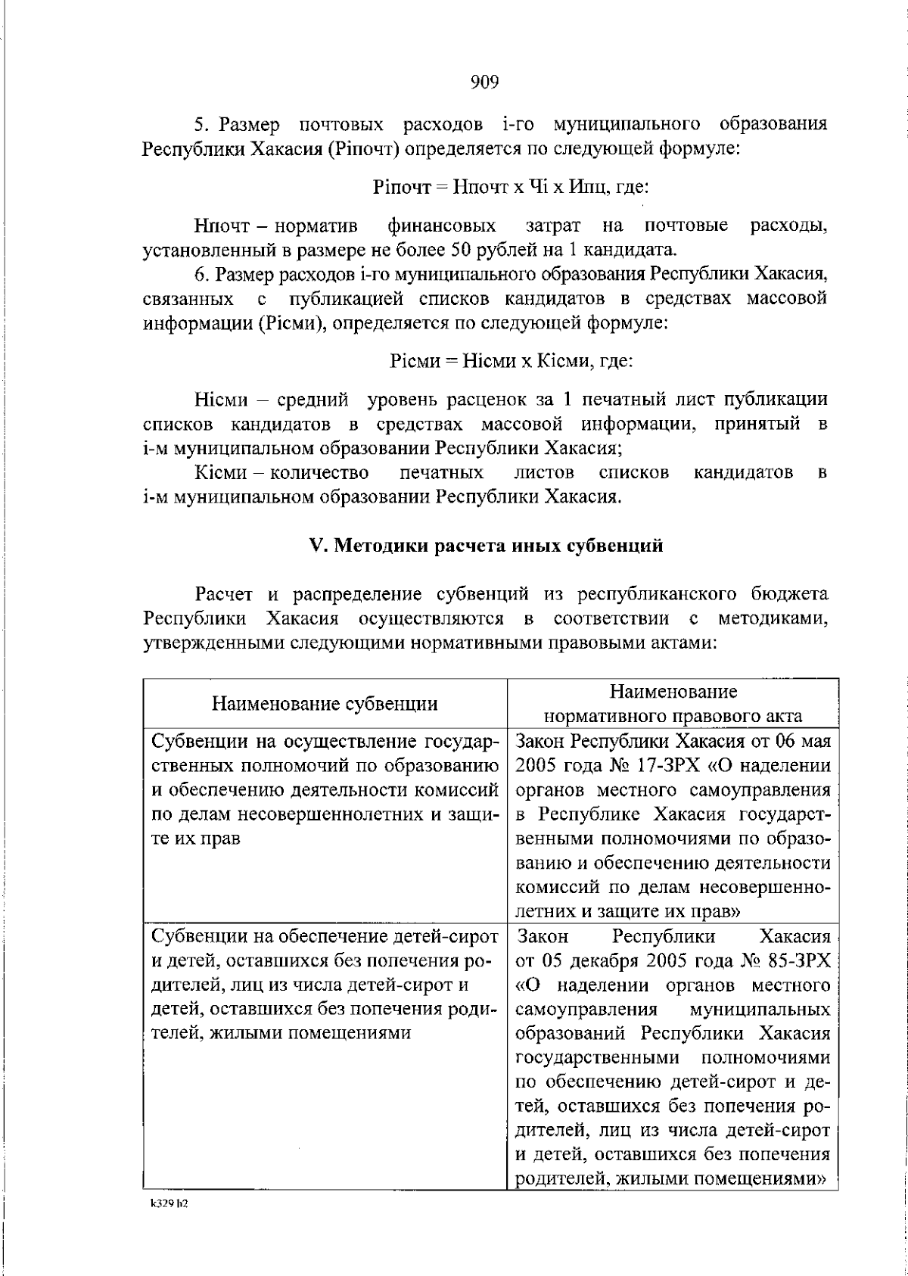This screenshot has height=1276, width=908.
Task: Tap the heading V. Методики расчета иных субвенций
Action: point(484,546)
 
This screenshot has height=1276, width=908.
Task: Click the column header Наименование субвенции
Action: point(325,704)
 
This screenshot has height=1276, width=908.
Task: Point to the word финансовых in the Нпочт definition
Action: point(442,226)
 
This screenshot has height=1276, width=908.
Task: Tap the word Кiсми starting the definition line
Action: point(220,474)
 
